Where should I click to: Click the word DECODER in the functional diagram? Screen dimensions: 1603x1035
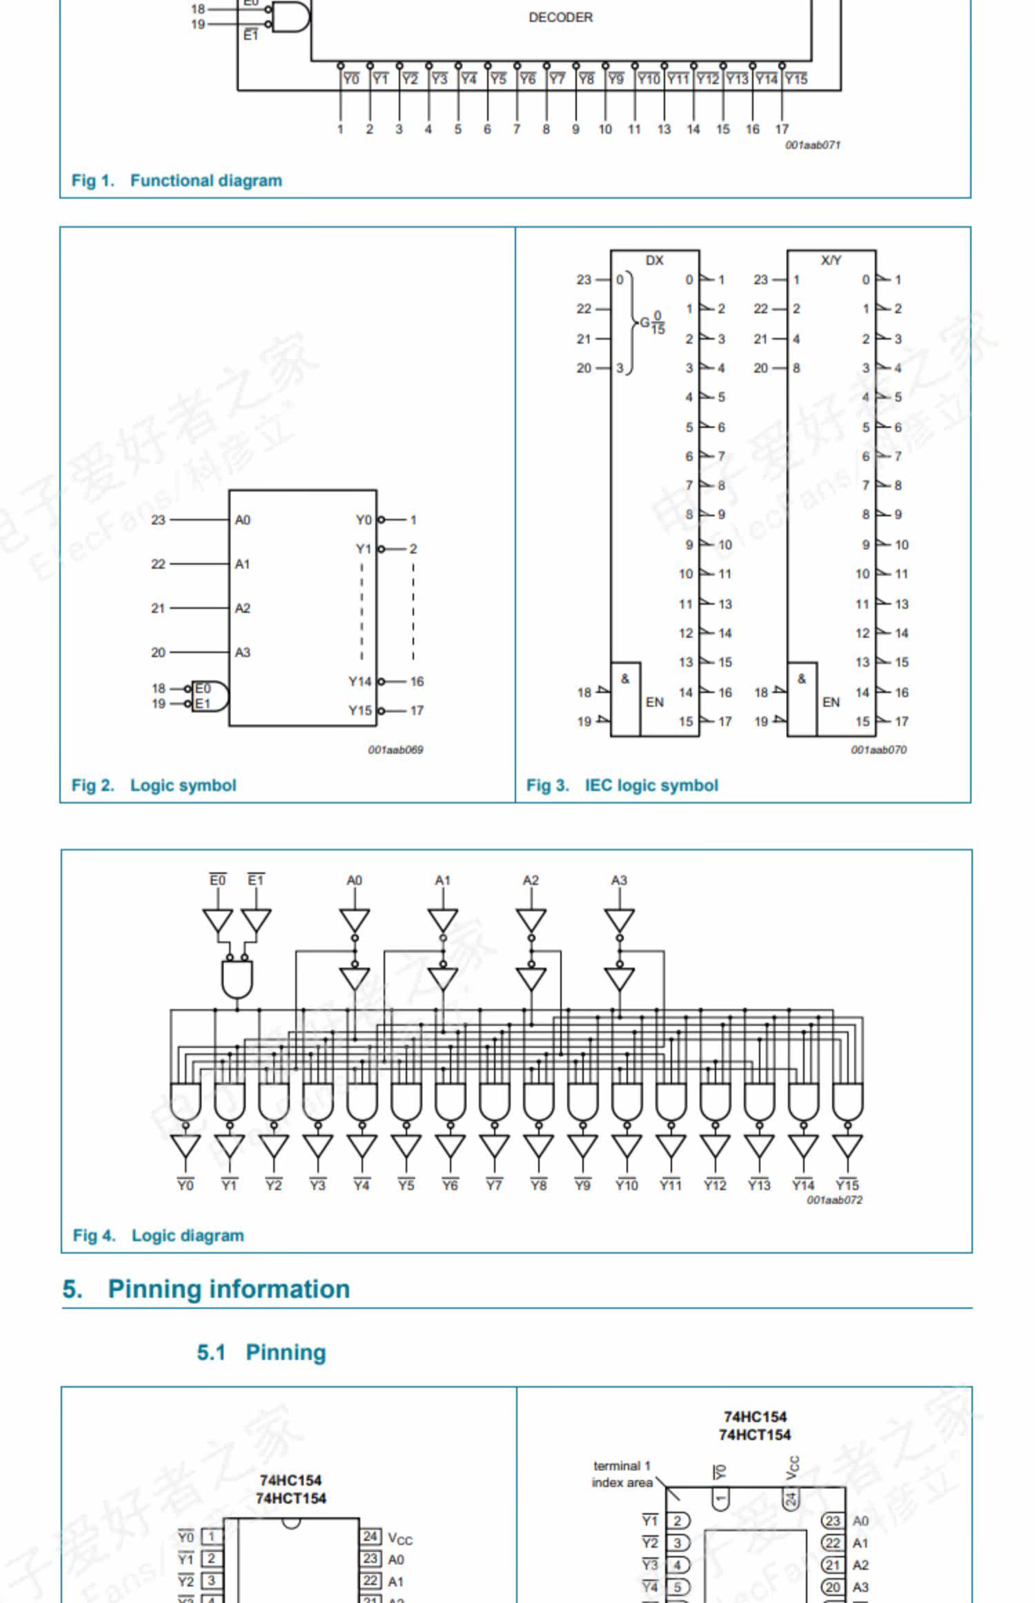(560, 17)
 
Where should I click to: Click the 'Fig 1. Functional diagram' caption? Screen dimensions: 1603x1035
(177, 181)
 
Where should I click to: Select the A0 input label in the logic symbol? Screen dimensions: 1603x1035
(242, 520)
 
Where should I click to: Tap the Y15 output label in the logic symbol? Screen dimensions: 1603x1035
(359, 710)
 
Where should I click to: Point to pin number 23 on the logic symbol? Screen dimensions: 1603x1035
(158, 520)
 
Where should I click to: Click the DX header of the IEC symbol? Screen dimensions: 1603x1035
(654, 260)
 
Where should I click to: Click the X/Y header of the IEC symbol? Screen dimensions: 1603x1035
(831, 260)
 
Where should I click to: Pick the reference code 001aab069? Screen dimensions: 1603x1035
(395, 750)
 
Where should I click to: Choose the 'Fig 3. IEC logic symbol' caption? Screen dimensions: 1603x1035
(622, 786)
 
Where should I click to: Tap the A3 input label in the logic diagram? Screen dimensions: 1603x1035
(619, 880)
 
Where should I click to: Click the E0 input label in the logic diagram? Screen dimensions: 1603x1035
(217, 880)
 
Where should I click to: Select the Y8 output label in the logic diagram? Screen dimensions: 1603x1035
(538, 1185)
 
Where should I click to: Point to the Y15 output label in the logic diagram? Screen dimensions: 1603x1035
(847, 1185)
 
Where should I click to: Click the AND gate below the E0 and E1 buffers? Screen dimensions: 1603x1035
(237, 979)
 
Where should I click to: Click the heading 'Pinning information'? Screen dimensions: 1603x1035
(228, 1290)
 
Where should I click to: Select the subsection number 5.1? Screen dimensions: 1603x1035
(211, 1352)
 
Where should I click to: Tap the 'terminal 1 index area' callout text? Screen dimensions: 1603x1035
(622, 1474)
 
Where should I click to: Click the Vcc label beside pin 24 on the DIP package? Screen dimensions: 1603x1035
(400, 1538)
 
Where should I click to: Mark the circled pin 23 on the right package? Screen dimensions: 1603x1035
(833, 1521)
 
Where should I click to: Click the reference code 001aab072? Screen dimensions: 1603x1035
(834, 1200)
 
